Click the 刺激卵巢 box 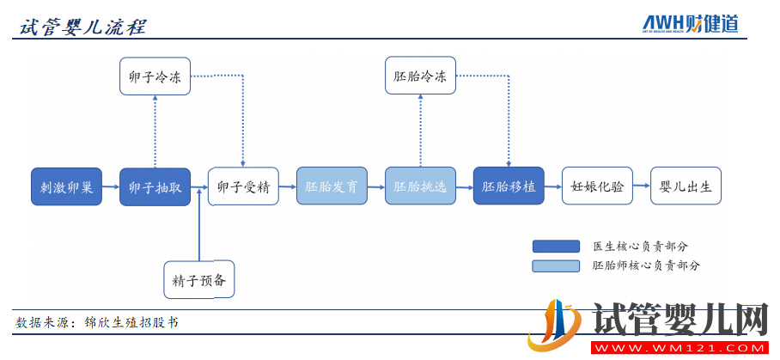pyautogui.click(x=66, y=186)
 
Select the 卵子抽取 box pyautogui.click(x=155, y=186)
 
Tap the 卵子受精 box pyautogui.click(x=243, y=186)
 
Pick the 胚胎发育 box pyautogui.click(x=332, y=186)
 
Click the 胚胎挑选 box pyautogui.click(x=420, y=186)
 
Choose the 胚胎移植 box pyautogui.click(x=509, y=186)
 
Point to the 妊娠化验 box pyautogui.click(x=597, y=186)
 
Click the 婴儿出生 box pyautogui.click(x=686, y=186)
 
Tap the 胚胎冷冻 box pyautogui.click(x=420, y=76)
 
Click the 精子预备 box pyautogui.click(x=199, y=279)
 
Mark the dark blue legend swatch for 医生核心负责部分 pyautogui.click(x=556, y=247)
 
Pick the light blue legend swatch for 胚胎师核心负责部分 pyautogui.click(x=556, y=266)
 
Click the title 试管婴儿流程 pyautogui.click(x=82, y=27)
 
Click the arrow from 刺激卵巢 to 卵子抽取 pyautogui.click(x=111, y=186)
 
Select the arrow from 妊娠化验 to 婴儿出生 pyautogui.click(x=642, y=186)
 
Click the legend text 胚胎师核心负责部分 pyautogui.click(x=646, y=266)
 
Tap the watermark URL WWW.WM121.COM pyautogui.click(x=679, y=347)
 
